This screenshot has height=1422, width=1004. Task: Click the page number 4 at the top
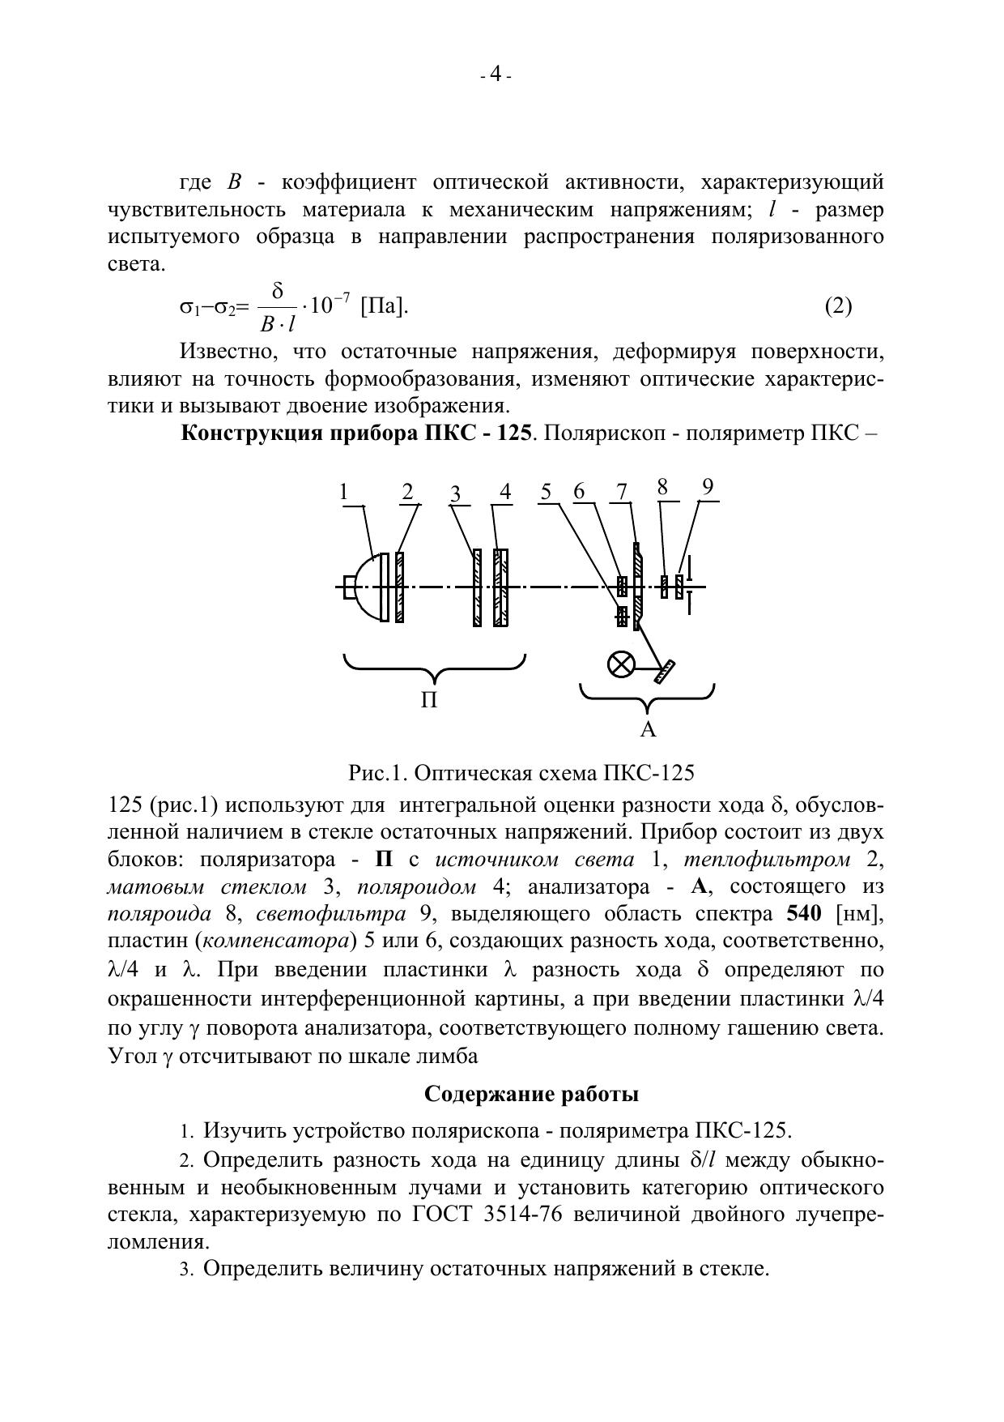(496, 75)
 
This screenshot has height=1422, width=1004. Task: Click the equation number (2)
(838, 306)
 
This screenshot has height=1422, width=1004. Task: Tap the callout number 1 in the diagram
(344, 493)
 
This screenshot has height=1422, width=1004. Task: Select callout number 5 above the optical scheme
(547, 492)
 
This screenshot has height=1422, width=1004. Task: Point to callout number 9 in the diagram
(708, 487)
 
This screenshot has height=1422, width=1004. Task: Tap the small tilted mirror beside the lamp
(666, 672)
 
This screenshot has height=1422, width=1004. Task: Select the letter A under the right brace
(648, 730)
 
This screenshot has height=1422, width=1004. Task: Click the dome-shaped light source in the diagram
(369, 587)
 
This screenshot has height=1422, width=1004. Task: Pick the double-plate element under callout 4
(501, 587)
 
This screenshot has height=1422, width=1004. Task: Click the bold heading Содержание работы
(531, 1095)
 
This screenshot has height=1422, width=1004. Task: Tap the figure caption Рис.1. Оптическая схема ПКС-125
(521, 773)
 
